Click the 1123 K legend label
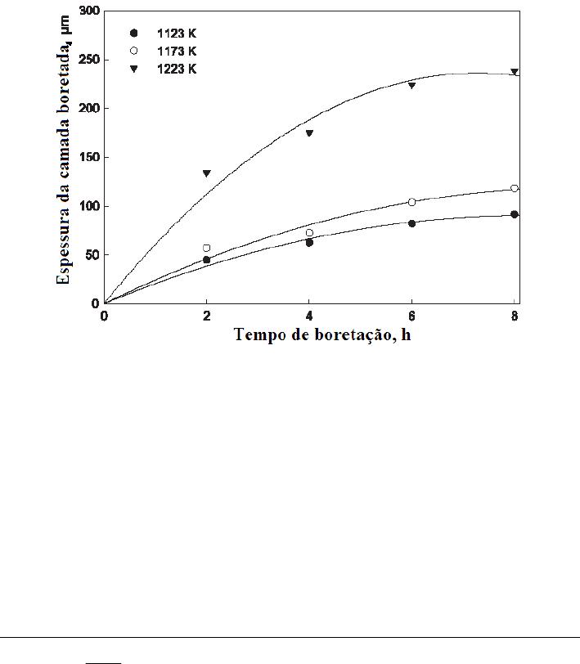point(178,34)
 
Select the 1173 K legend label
point(178,52)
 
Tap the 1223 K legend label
point(178,70)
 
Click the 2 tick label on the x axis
point(207,316)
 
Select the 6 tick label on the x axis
point(411,316)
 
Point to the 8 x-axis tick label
point(514,316)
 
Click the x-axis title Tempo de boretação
point(322,335)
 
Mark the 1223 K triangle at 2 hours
point(207,173)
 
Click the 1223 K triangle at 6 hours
point(411,85)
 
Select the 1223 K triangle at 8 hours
point(515,72)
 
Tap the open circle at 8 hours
point(515,189)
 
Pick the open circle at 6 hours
point(411,202)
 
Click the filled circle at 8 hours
point(515,214)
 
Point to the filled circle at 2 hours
point(207,260)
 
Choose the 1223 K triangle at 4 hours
point(309,133)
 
